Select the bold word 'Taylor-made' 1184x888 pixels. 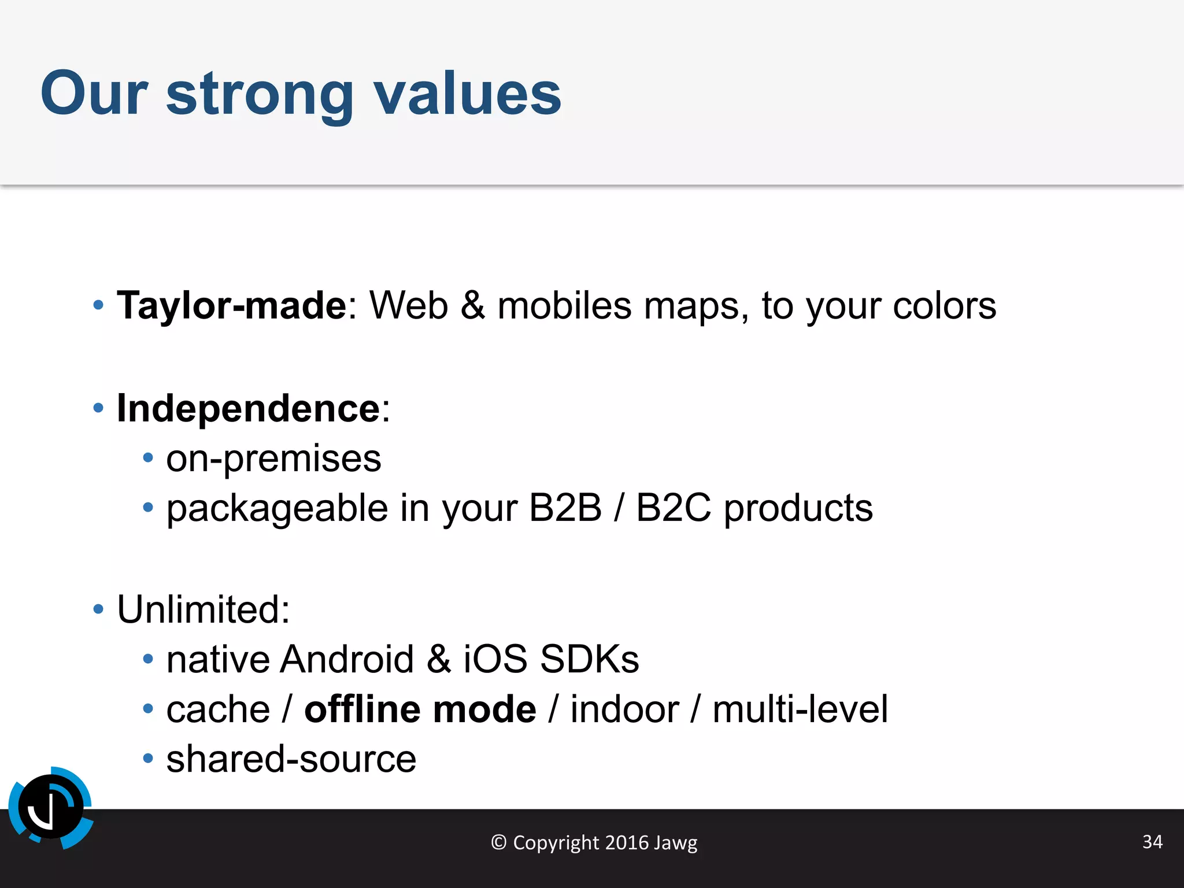click(231, 305)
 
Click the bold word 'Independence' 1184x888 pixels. click(249, 408)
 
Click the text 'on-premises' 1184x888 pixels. click(273, 459)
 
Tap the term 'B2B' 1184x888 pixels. click(565, 508)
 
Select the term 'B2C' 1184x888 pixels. click(674, 508)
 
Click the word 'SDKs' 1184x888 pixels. click(589, 659)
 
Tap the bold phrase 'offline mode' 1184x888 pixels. click(420, 709)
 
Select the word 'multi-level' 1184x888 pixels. click(800, 709)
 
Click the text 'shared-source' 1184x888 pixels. click(291, 760)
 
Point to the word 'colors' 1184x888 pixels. click(944, 305)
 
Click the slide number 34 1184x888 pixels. click(1152, 841)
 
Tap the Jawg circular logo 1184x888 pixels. click(51, 807)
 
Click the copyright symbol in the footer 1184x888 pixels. click(498, 842)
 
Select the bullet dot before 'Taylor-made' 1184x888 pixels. click(98, 305)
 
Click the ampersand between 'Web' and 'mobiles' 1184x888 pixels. click(472, 305)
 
